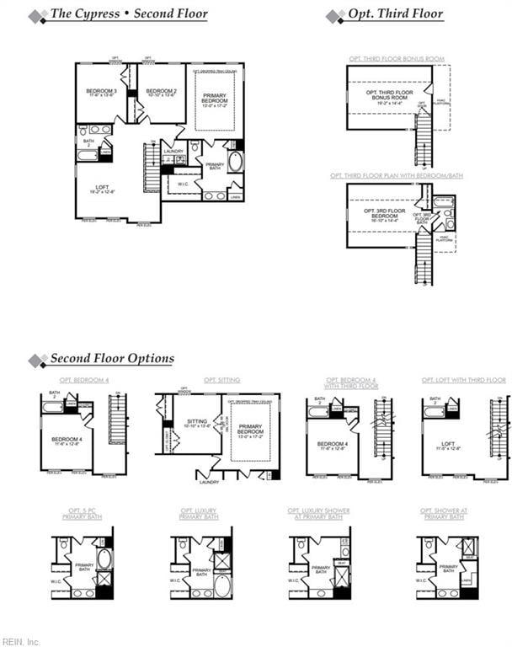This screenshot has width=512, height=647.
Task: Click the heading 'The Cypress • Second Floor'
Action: click(x=129, y=14)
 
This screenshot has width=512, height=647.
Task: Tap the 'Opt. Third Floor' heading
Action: click(x=396, y=14)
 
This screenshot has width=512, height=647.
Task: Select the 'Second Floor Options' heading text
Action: click(x=112, y=359)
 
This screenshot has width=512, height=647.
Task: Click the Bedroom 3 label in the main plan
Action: click(x=101, y=93)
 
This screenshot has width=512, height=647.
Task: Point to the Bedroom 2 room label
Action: click(x=161, y=93)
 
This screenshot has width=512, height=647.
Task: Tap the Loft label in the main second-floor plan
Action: click(x=103, y=189)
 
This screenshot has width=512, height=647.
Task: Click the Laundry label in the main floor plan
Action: click(x=173, y=152)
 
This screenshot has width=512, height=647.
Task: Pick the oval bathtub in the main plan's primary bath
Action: click(x=235, y=161)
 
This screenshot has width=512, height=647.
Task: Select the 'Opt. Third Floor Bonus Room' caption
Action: click(x=397, y=59)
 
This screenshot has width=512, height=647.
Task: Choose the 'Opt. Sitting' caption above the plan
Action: click(x=221, y=380)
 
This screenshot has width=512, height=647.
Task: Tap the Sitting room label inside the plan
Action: click(x=197, y=423)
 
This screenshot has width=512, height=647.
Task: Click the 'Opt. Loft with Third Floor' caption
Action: click(x=464, y=380)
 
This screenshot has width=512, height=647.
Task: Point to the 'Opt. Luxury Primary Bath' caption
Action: click(x=199, y=513)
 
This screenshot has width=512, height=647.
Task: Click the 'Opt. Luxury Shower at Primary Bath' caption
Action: click(x=318, y=513)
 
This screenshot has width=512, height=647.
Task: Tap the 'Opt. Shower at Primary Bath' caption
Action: click(x=442, y=513)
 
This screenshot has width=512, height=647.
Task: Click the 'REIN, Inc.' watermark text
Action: click(x=21, y=641)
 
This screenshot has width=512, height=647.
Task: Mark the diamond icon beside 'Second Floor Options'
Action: click(x=37, y=361)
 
